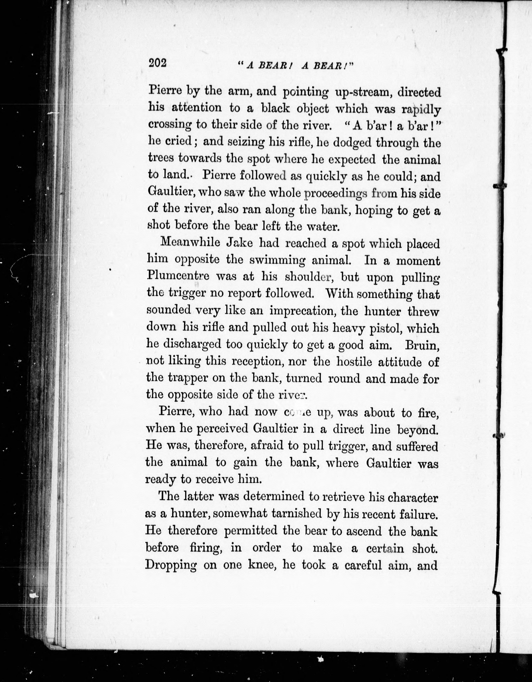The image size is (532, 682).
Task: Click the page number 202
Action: pos(158,63)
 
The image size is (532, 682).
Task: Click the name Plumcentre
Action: pos(178,277)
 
